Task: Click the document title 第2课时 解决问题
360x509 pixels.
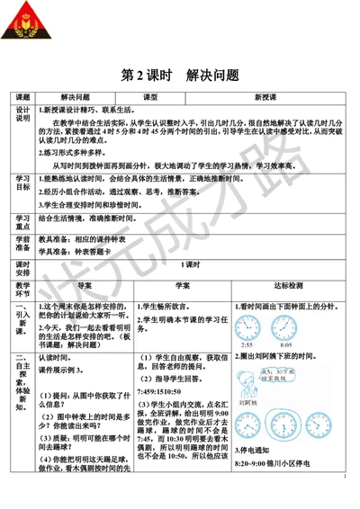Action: [x=180, y=75]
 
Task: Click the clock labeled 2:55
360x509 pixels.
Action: [x=247, y=327]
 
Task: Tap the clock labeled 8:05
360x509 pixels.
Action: [x=285, y=327]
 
